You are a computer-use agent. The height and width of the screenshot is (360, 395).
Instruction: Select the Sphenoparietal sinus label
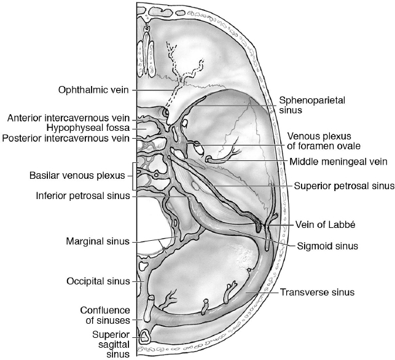(x=299, y=105)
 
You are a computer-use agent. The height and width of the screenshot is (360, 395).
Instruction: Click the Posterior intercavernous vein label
(x=65, y=138)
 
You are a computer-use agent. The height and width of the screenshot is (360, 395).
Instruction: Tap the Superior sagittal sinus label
(x=111, y=343)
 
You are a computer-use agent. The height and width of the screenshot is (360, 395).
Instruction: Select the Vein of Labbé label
(x=318, y=224)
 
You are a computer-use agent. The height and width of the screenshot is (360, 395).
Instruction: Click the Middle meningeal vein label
(x=338, y=162)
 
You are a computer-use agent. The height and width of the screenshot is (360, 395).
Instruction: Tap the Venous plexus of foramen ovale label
(x=323, y=141)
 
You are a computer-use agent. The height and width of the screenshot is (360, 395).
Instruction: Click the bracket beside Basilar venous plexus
(x=135, y=174)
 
